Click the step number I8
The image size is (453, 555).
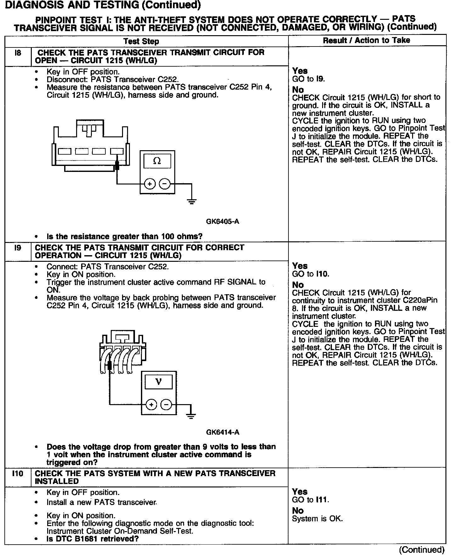click(18, 53)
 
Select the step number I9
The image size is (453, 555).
click(18, 248)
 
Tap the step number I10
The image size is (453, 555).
click(18, 474)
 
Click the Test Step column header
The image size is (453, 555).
click(141, 41)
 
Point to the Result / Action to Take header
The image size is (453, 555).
click(366, 40)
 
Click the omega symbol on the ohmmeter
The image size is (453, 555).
click(157, 161)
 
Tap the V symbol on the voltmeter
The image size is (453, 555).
click(159, 382)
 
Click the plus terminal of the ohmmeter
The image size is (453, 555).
click(150, 184)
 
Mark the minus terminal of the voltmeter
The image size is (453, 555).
click(166, 404)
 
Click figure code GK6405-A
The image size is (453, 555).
click(222, 222)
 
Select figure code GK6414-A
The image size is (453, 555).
click(222, 432)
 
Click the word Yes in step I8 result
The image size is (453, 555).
click(300, 71)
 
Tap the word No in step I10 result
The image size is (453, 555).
click(298, 511)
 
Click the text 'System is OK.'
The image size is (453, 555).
click(317, 519)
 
